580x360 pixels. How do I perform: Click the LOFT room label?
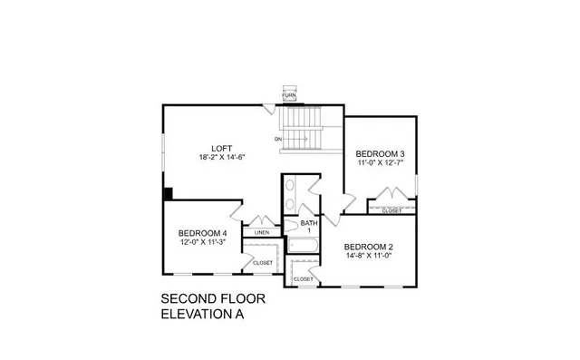point(222,148)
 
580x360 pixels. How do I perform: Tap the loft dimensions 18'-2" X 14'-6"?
point(222,157)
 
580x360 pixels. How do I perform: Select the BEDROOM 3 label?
point(379,153)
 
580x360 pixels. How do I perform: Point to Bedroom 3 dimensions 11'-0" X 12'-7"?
point(379,163)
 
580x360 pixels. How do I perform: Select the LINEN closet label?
point(261,232)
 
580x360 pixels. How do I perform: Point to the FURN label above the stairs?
point(289,95)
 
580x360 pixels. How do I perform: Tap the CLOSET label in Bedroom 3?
point(392,211)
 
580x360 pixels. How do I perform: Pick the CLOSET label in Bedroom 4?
point(263,263)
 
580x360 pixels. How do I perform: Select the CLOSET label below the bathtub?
point(303,278)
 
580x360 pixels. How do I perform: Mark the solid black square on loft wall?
point(168,193)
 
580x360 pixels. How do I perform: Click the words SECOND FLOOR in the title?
point(207,298)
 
